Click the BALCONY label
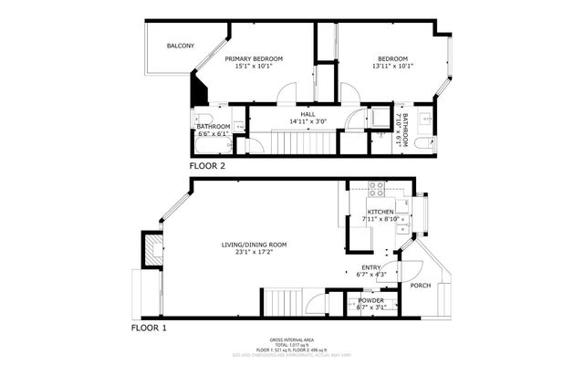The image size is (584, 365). [180, 46]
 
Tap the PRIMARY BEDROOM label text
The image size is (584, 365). [254, 58]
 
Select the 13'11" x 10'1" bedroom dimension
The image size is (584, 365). [393, 66]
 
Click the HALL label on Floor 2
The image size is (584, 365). [295, 114]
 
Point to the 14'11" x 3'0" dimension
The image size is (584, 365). [295, 121]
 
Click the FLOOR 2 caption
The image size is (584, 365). [207, 166]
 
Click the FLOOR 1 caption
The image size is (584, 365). [149, 326]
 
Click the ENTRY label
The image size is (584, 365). [370, 267]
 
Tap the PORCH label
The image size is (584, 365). [420, 286]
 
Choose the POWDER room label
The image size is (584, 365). [370, 300]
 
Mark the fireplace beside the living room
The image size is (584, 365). [149, 248]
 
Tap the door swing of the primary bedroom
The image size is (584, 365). [289, 94]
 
